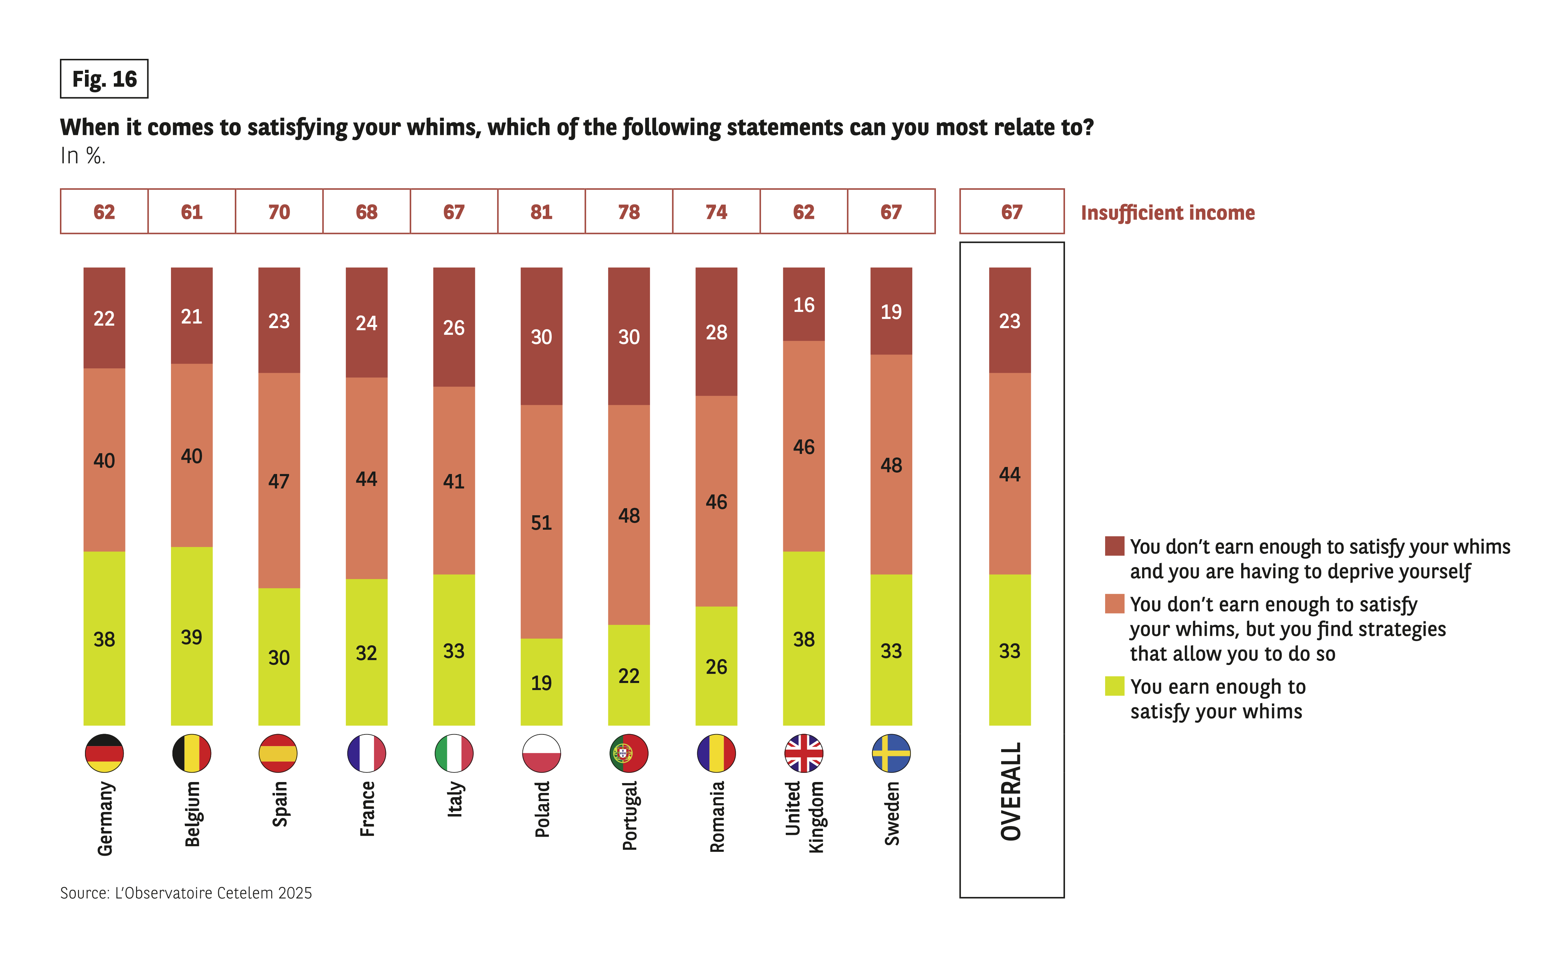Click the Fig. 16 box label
(104, 79)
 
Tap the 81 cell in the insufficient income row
(541, 211)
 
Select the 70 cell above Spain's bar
(279, 211)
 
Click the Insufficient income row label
(1167, 213)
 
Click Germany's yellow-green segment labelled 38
(104, 638)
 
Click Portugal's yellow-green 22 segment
(629, 675)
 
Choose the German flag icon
(104, 753)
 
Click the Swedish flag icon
(891, 753)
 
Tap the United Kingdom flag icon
(803, 753)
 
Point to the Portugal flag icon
(629, 753)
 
